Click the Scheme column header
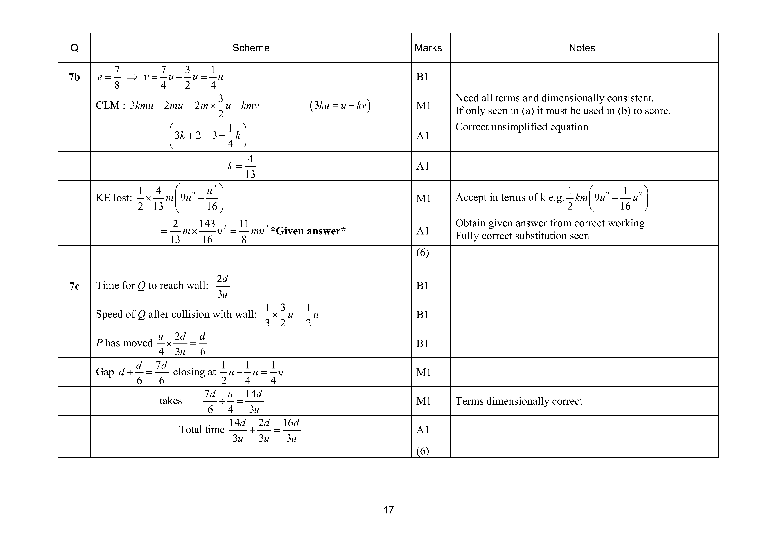(x=251, y=48)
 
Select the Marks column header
(x=428, y=48)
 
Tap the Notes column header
(x=582, y=48)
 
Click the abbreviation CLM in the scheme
(x=108, y=105)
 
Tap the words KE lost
(x=114, y=198)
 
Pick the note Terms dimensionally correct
(x=519, y=401)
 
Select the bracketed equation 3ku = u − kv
(x=340, y=105)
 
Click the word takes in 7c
(x=171, y=401)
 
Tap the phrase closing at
(x=194, y=372)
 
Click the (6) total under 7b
(x=422, y=253)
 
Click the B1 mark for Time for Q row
(x=422, y=286)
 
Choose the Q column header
(x=74, y=48)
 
